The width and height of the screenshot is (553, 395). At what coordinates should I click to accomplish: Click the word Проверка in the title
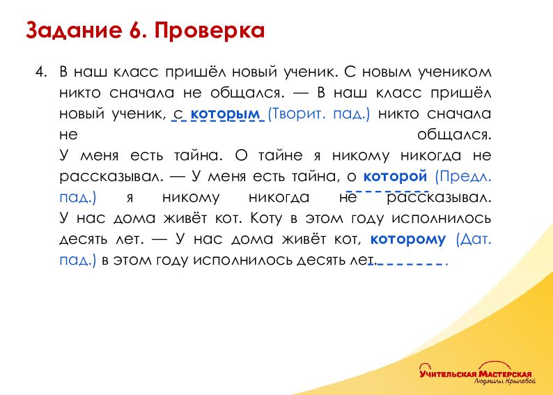210,31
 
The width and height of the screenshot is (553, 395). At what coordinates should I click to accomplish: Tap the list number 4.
41,72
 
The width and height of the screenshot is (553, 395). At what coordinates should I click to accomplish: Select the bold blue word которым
225,114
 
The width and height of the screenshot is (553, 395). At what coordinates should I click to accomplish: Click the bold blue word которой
396,176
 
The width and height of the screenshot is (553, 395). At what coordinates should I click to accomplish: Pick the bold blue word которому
408,239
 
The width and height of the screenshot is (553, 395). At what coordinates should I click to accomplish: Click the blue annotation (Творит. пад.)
319,114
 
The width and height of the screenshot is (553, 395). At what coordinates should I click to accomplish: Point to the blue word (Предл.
463,176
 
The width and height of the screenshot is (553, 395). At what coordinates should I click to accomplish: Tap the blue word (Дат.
474,239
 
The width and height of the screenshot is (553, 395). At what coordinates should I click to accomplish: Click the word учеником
455,72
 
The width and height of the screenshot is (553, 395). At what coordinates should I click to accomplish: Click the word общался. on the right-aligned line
454,134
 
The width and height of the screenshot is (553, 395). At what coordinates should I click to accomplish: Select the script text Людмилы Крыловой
505,381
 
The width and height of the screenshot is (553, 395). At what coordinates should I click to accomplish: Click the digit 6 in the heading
135,31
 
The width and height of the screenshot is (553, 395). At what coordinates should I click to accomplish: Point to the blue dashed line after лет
408,263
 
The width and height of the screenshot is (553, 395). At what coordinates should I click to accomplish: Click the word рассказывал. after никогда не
439,198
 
